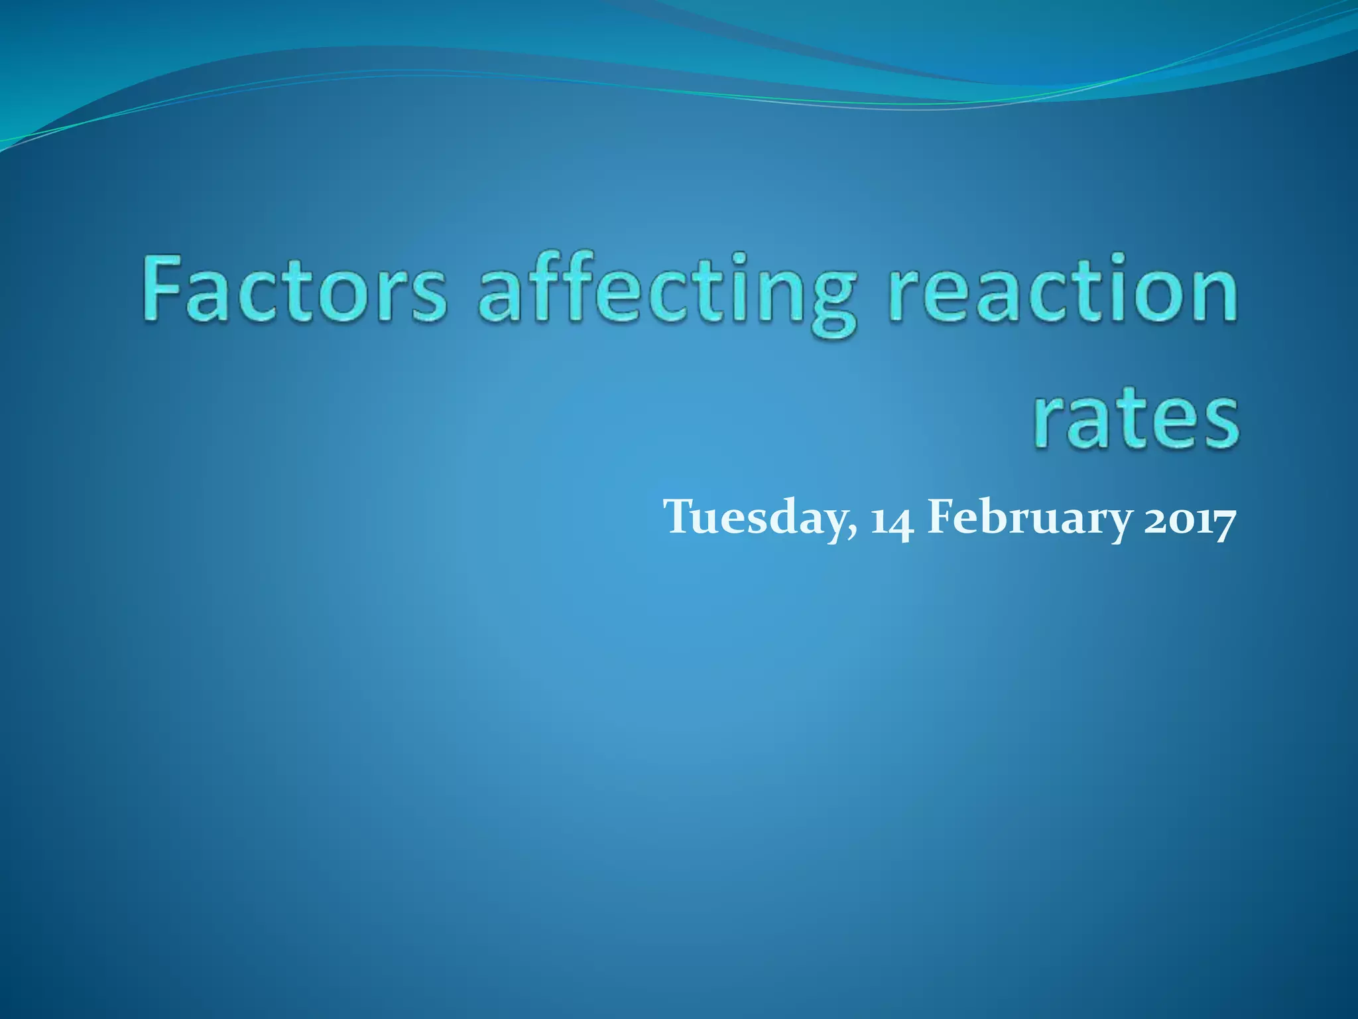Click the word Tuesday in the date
coord(760,517)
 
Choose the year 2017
coord(1190,518)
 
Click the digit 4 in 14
coord(903,521)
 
